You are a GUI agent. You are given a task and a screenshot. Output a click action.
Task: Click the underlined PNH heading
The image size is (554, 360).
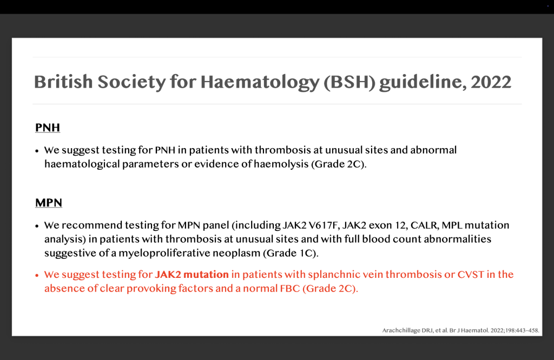click(48, 128)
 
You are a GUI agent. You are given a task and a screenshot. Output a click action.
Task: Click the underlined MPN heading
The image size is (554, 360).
click(49, 203)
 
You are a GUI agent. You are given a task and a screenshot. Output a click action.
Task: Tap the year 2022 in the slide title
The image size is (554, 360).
click(491, 82)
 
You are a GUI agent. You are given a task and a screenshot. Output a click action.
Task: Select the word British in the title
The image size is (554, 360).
click(63, 82)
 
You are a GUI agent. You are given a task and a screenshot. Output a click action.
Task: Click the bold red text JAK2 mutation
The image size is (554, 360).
click(192, 275)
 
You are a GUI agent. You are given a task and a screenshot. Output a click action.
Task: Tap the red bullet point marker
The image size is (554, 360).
click(37, 275)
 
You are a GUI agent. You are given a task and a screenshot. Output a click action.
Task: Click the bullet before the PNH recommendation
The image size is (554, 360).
click(37, 151)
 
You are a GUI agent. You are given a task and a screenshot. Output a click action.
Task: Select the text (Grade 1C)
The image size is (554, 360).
click(291, 253)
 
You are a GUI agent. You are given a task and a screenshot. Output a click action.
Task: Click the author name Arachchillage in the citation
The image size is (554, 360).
click(401, 331)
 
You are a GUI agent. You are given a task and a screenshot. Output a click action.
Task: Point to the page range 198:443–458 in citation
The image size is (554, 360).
click(524, 331)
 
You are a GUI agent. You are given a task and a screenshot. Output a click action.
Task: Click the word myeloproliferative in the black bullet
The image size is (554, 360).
click(189, 254)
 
